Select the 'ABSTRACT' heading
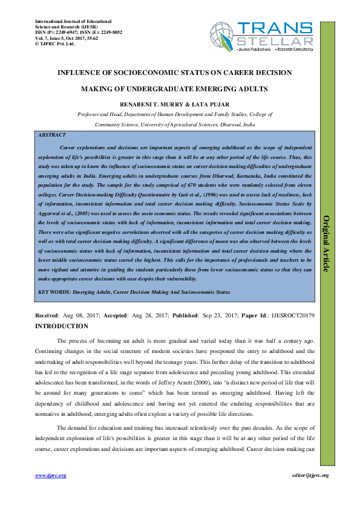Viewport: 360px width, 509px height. tap(52, 135)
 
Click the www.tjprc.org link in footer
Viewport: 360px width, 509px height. tap(50, 476)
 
